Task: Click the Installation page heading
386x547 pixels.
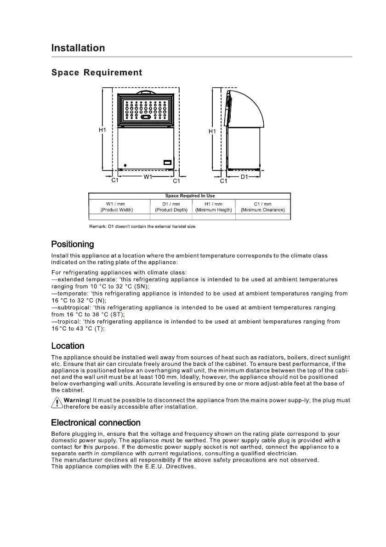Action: point(78,48)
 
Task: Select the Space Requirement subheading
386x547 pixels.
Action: point(96,73)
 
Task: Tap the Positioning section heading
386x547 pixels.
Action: point(73,244)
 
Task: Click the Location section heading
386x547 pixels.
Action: point(68,346)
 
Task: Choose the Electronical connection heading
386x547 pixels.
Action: point(96,422)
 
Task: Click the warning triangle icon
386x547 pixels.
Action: point(57,403)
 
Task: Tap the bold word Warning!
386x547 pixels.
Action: point(77,400)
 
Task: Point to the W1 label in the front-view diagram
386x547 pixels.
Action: point(148,177)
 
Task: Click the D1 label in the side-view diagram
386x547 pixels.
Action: point(244,177)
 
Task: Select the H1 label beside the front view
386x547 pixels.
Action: point(102,130)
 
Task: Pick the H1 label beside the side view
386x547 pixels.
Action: point(212,131)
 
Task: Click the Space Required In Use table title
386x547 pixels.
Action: point(190,196)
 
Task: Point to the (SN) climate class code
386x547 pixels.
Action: point(142,286)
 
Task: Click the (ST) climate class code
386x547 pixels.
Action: point(117,315)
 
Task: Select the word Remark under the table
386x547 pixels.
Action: point(98,227)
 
